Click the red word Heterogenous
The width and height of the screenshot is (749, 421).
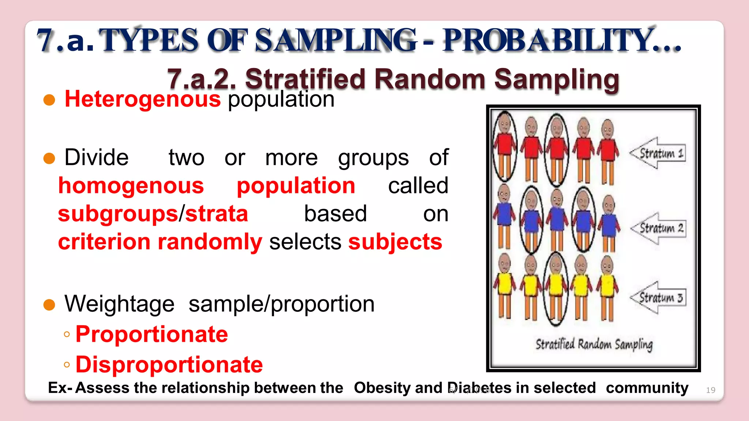point(143,99)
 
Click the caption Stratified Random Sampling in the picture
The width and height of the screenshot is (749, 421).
point(594,345)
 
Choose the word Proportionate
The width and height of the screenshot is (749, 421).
point(152,334)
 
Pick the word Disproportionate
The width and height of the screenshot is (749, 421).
point(169,364)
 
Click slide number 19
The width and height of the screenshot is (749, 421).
point(710,390)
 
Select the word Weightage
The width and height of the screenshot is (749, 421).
point(120,304)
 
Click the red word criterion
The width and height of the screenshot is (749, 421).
point(104,242)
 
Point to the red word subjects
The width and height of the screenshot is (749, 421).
point(395,242)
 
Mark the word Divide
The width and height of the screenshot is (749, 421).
point(97,158)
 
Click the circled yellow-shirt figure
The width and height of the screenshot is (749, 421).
point(556,289)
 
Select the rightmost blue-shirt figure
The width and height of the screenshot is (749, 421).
point(608,223)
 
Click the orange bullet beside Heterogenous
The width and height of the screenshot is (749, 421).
point(49,100)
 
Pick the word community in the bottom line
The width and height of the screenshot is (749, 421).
point(647,388)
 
